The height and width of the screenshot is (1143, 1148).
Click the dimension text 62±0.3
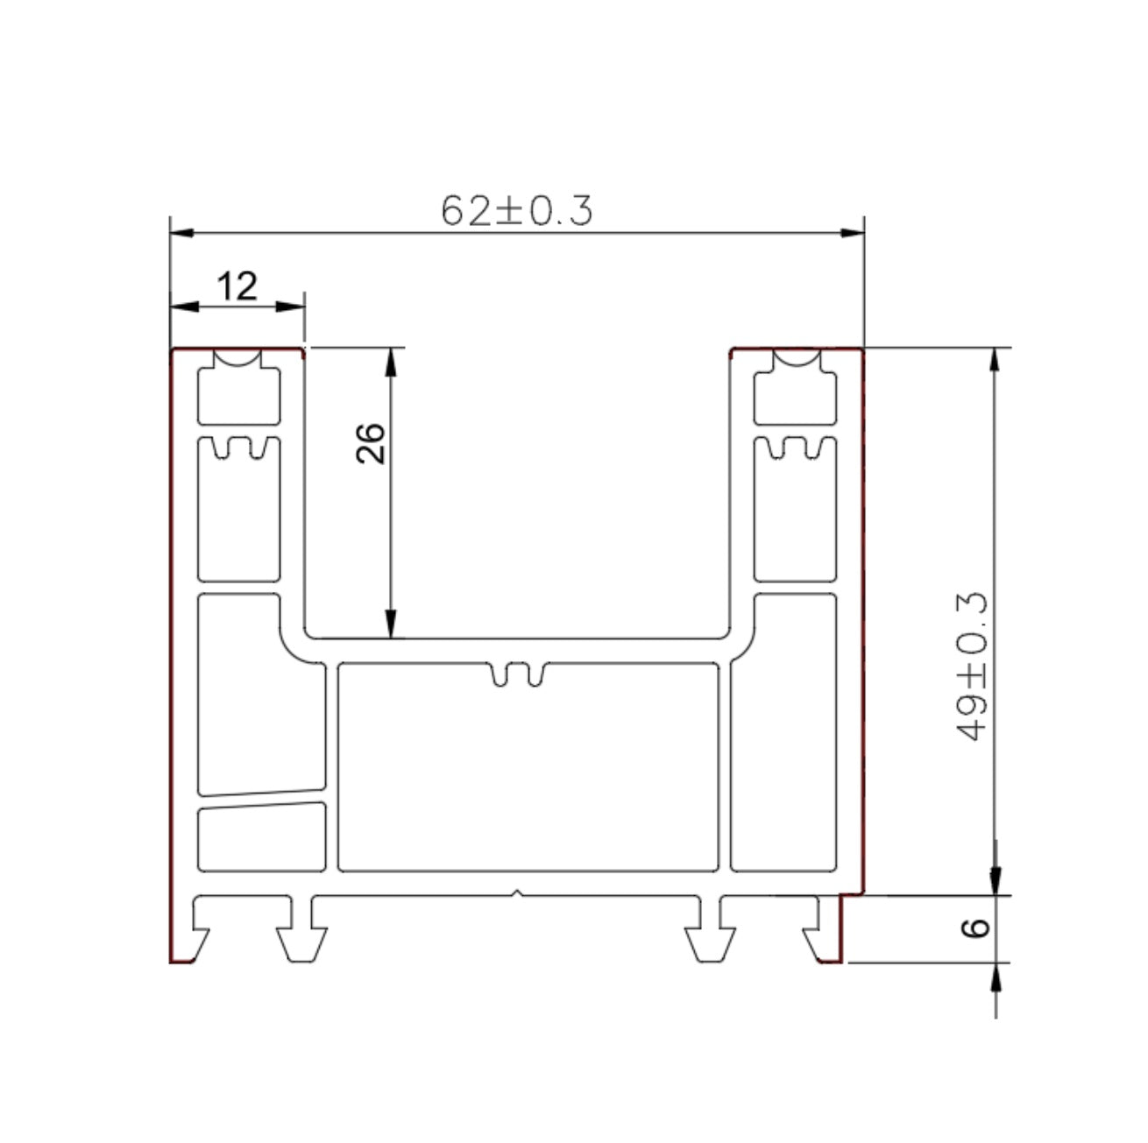tap(517, 211)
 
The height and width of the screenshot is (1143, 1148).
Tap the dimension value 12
tap(237, 286)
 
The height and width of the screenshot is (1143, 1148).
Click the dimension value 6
tap(976, 928)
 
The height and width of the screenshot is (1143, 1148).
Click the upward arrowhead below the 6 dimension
tap(996, 977)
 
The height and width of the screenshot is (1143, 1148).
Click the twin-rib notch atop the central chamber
tap(518, 674)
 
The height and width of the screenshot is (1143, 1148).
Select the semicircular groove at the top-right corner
tap(796, 358)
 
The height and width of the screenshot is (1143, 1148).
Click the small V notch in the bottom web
tap(519, 894)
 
